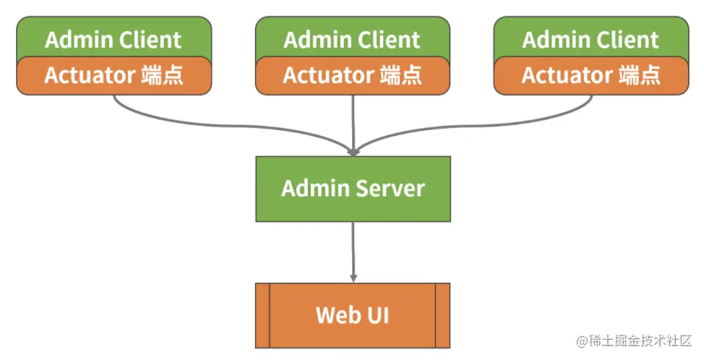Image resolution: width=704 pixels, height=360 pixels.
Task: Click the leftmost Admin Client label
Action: pos(113,39)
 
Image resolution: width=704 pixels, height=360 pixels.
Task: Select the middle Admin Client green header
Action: pos(352,39)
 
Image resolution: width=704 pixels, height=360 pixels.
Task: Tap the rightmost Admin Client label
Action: pos(591,39)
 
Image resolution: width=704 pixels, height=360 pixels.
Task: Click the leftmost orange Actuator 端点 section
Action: pos(113,75)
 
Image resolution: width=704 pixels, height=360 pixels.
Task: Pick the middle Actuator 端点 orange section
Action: pos(352,75)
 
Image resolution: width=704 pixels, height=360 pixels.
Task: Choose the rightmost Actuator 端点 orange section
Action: pos(591,75)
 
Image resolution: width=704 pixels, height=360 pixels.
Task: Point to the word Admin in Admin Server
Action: pos(315,189)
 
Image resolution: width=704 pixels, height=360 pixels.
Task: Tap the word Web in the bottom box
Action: pos(337,316)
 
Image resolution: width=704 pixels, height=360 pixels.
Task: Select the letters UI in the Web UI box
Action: pos(377,316)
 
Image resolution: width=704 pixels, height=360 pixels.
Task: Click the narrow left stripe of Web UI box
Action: pos(262,315)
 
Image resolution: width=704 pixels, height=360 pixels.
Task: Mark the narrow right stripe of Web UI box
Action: pos(442,315)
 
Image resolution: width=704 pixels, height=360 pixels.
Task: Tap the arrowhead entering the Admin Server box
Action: pos(353,152)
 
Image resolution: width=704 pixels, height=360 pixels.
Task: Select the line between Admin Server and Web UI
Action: pos(353,249)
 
